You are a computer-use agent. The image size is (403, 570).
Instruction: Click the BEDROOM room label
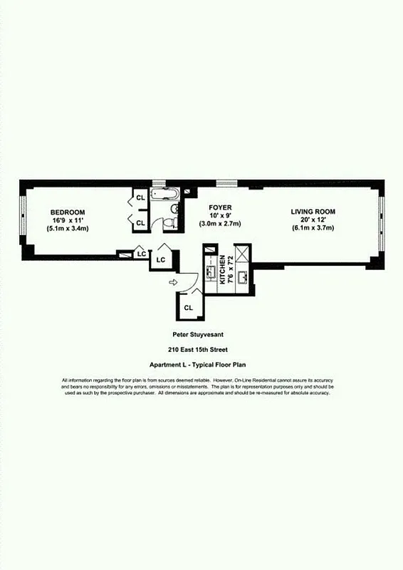click(68, 212)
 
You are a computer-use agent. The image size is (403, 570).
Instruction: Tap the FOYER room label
click(220, 207)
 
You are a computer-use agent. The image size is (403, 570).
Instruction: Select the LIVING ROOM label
click(313, 212)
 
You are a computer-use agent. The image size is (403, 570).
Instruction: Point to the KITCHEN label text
click(221, 270)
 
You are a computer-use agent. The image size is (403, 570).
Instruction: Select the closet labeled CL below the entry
click(189, 308)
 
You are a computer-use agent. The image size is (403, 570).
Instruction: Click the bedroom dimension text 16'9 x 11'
click(68, 220)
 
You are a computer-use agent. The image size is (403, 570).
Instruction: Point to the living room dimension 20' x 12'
click(313, 220)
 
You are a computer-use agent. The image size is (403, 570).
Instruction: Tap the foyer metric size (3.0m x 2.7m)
click(220, 224)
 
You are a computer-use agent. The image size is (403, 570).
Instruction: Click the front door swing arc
click(191, 280)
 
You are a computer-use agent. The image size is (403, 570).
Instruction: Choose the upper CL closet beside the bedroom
click(140, 197)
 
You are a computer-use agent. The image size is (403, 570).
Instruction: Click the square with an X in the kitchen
click(242, 252)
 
